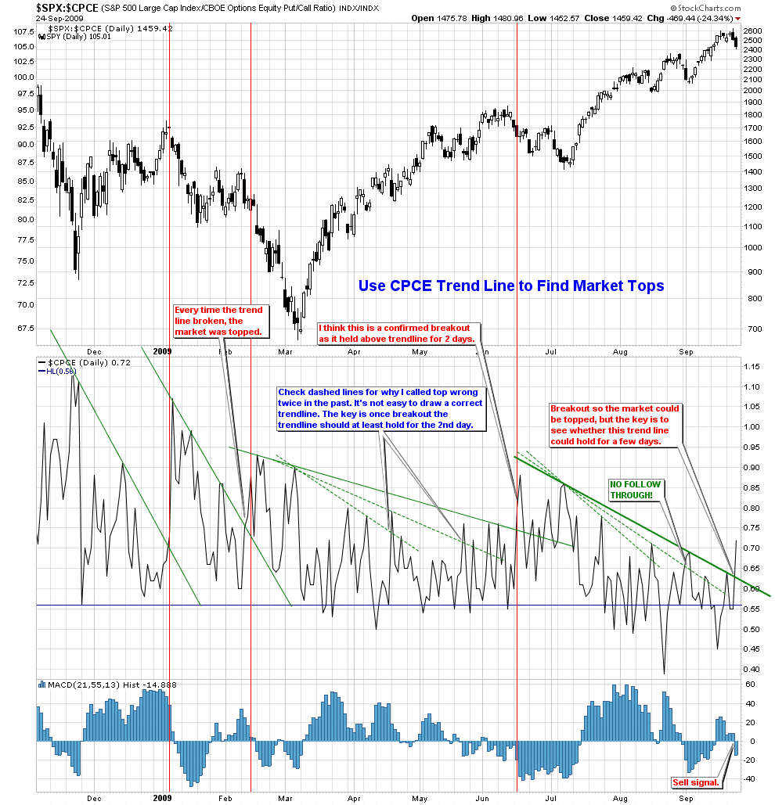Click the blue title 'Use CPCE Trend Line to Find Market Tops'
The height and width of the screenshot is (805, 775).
511,286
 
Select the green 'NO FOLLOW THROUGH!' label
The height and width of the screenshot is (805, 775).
635,490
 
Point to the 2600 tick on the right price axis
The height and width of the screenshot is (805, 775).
753,31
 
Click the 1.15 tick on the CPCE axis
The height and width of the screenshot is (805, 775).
752,367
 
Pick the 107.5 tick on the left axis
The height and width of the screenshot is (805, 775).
23,33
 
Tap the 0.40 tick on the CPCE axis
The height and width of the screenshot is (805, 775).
752,669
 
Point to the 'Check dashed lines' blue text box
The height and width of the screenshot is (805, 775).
381,408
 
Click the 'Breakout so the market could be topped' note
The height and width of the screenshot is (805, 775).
615,425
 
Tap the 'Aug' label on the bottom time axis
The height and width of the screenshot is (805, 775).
621,799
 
